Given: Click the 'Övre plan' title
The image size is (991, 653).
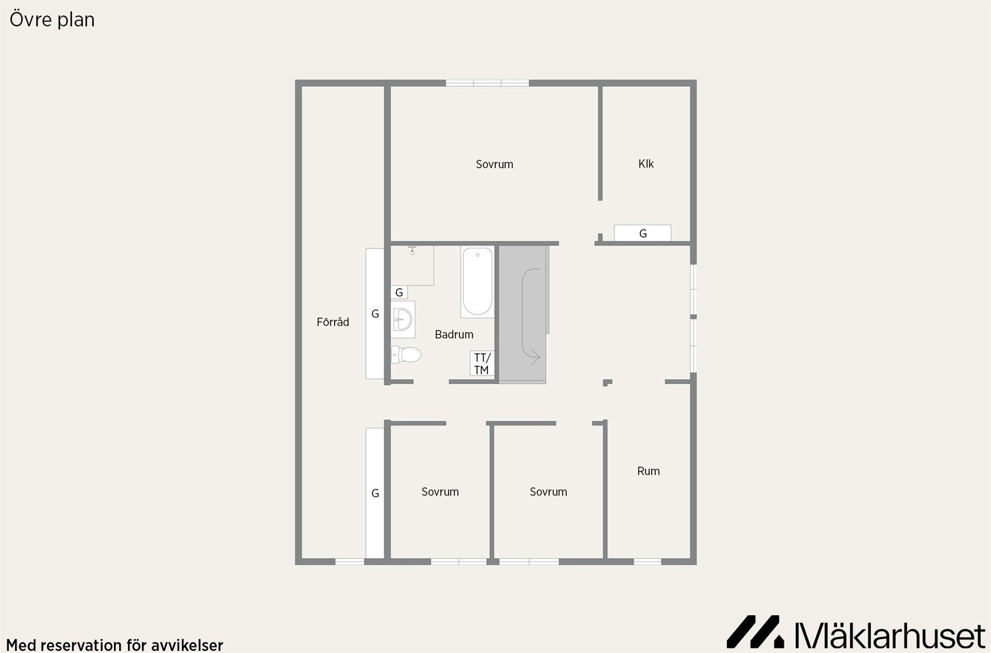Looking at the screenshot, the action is [x=52, y=20].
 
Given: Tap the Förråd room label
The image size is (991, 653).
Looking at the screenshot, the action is [x=333, y=322].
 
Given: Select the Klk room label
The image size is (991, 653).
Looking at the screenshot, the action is [x=646, y=164].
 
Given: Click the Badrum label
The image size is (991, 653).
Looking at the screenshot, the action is [x=454, y=335].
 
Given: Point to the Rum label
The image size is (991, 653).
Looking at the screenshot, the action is [x=648, y=471].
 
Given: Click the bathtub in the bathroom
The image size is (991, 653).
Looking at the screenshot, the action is [x=477, y=282].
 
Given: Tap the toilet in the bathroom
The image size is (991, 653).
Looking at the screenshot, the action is [x=406, y=355].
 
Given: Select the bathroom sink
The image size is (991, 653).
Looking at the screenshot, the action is [x=403, y=320].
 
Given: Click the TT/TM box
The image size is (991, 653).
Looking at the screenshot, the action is [x=482, y=364].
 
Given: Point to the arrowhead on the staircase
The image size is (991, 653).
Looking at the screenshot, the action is [x=535, y=356].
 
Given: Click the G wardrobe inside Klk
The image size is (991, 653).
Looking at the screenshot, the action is [x=643, y=233].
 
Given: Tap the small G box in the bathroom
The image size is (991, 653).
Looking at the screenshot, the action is [x=399, y=292].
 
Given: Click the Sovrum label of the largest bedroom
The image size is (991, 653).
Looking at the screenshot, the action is [x=494, y=165].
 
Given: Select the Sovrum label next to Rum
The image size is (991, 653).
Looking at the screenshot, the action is [x=548, y=492].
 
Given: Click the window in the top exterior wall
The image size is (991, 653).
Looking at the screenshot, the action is [x=487, y=83].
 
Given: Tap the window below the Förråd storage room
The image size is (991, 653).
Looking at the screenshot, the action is [x=350, y=562].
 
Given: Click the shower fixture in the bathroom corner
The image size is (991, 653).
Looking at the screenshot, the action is [x=412, y=251].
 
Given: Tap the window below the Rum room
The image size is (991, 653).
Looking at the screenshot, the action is [x=648, y=562].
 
